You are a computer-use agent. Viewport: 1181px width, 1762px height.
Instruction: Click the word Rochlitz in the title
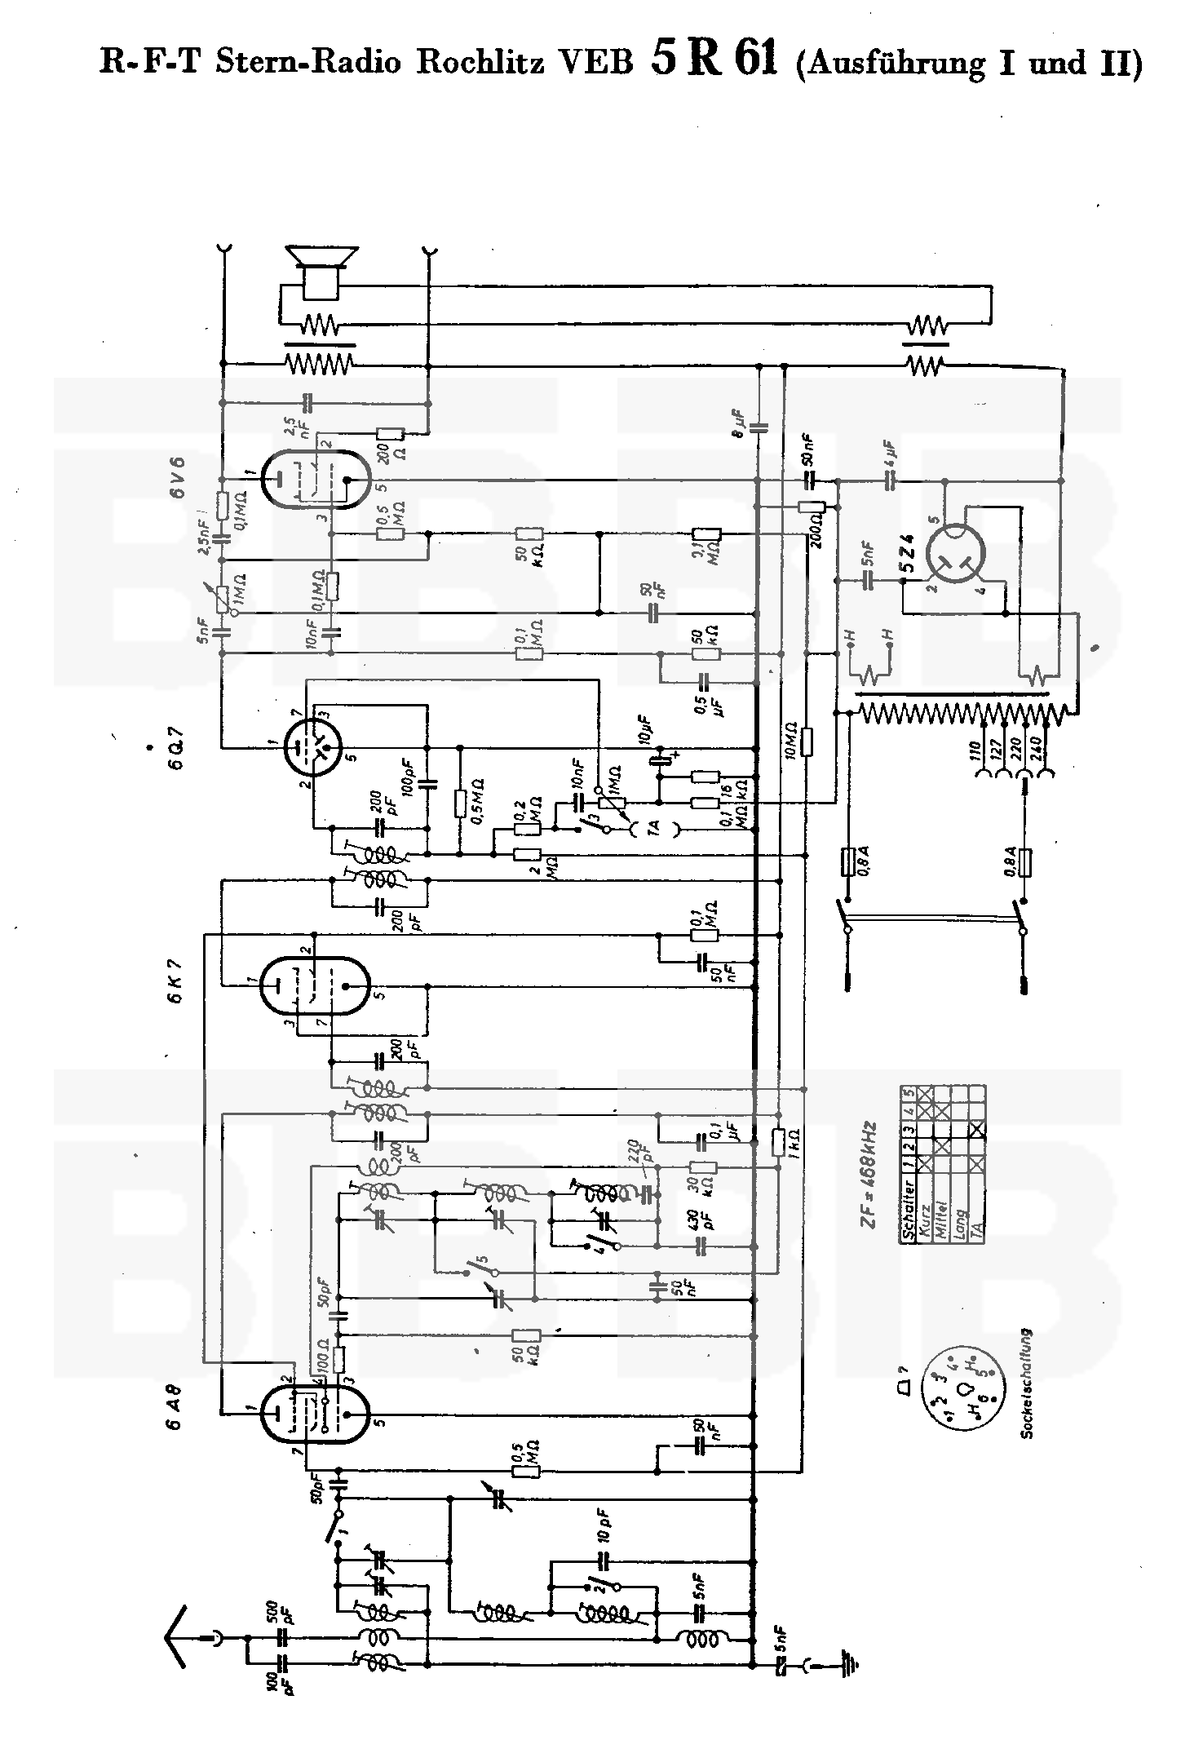pos(480,64)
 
